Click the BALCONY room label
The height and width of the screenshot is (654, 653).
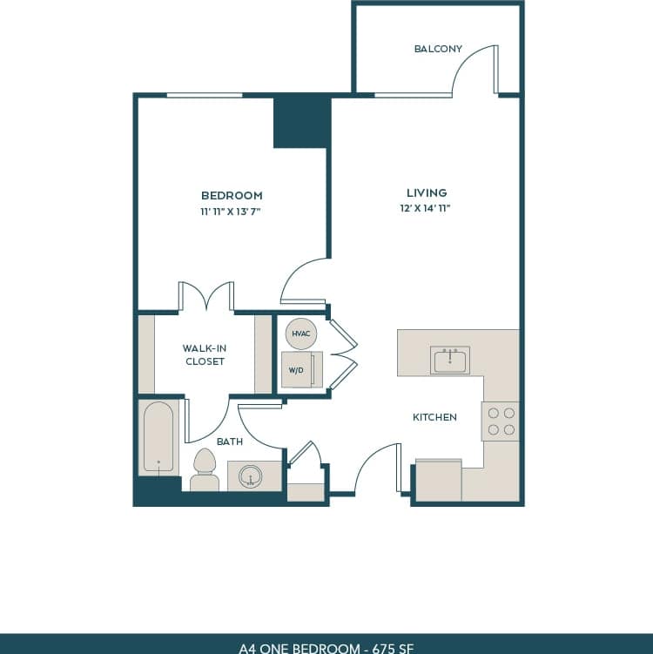tap(438, 49)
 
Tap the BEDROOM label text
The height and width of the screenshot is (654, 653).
tap(232, 196)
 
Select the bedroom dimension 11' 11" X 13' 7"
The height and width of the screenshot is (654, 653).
tap(232, 211)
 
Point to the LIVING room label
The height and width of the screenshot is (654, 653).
tap(427, 192)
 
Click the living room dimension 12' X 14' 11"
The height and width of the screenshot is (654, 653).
tap(427, 208)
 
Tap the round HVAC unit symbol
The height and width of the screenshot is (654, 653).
tap(300, 334)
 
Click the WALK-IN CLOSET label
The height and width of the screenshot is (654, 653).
tap(205, 354)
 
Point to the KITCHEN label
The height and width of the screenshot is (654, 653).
tap(434, 417)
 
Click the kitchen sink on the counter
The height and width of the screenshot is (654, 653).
tap(450, 360)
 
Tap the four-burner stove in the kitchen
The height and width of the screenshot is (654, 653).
tap(501, 421)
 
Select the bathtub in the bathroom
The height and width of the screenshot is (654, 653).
tap(158, 437)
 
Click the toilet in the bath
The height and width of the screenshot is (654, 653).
tap(205, 471)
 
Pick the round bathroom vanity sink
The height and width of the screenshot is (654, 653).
tap(252, 476)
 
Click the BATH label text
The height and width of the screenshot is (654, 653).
tap(230, 442)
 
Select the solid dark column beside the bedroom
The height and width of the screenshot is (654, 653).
tap(301, 122)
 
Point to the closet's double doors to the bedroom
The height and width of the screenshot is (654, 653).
tap(206, 296)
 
